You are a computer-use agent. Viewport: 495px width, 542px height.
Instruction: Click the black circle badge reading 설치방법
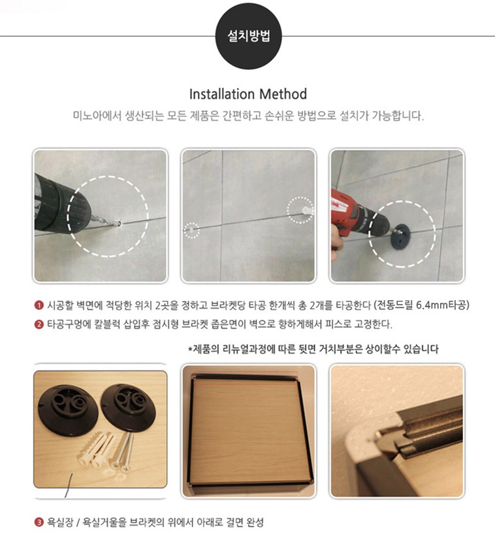[248, 36]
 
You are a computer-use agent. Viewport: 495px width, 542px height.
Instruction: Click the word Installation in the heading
[221, 94]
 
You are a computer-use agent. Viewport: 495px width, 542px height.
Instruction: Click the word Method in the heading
[283, 94]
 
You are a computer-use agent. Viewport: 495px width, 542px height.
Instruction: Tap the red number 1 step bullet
[39, 305]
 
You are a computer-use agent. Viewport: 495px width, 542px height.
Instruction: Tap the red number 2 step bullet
[39, 324]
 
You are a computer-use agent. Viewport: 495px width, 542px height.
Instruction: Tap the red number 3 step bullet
[39, 522]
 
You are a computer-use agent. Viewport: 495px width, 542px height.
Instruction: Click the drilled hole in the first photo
[118, 224]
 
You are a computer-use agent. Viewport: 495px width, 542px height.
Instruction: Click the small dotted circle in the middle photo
[191, 223]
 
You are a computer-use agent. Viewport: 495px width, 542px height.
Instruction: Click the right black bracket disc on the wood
[127, 407]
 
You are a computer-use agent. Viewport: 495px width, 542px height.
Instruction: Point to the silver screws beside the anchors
[123, 452]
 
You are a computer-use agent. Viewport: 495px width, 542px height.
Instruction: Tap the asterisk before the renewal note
[190, 349]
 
